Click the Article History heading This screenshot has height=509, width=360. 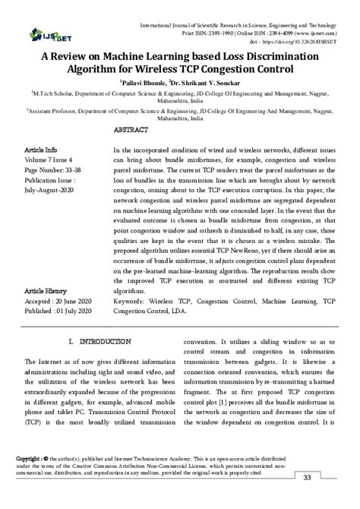[x=46, y=290]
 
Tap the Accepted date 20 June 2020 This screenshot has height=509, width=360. [x=58, y=301]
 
